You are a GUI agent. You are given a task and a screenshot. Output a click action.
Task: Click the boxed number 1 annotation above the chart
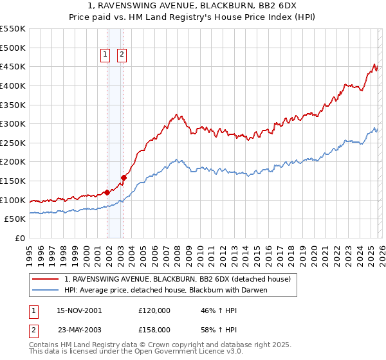(105, 55)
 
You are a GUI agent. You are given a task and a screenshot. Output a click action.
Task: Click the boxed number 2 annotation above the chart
(122, 55)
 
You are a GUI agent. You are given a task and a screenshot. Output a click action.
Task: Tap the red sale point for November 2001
(107, 192)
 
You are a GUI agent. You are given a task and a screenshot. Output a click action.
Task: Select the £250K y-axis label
(13, 143)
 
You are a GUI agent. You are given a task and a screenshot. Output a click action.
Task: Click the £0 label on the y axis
(19, 238)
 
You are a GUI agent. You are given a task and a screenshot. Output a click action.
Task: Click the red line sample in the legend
(46, 279)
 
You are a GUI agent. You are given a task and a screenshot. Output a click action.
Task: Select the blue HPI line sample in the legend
(46, 290)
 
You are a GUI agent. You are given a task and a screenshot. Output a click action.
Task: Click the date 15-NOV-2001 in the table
(79, 310)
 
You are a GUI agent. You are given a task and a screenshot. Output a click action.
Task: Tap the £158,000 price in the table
(154, 329)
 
